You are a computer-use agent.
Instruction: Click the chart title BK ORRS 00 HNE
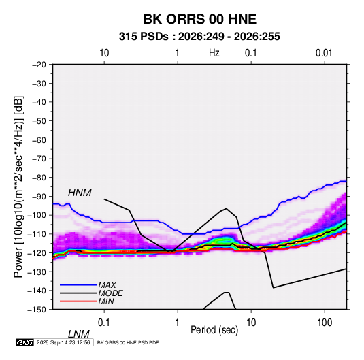pyautogui.click(x=199, y=19)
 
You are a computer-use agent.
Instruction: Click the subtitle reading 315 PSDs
pyautogui.click(x=144, y=37)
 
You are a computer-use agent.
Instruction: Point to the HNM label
pyautogui.click(x=80, y=193)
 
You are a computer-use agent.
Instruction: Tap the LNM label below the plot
pyautogui.click(x=78, y=334)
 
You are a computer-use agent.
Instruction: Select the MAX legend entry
pyautogui.click(x=107, y=284)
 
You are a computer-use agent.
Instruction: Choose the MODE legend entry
pyautogui.click(x=110, y=293)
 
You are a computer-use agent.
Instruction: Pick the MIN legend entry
pyautogui.click(x=106, y=301)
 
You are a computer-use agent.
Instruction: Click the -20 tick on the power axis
pyautogui.click(x=39, y=65)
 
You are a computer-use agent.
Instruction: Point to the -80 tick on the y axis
pyautogui.click(x=39, y=178)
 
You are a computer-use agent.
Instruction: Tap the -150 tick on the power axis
pyautogui.click(x=37, y=310)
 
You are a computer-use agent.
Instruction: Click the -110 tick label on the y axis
pyautogui.click(x=37, y=234)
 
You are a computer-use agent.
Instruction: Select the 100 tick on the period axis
pyautogui.click(x=325, y=323)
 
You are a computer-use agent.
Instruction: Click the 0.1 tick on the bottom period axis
pyautogui.click(x=104, y=323)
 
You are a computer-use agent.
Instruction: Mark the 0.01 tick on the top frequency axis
pyautogui.click(x=324, y=53)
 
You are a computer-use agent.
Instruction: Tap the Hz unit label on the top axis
pyautogui.click(x=214, y=53)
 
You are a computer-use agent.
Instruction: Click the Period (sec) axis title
pyautogui.click(x=214, y=330)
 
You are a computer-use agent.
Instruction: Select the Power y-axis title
pyautogui.click(x=18, y=187)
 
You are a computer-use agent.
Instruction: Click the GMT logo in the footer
pyautogui.click(x=24, y=342)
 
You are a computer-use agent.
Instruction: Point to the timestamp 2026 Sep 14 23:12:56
pyautogui.click(x=63, y=342)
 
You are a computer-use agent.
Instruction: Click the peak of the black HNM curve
pyautogui.click(x=226, y=208)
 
